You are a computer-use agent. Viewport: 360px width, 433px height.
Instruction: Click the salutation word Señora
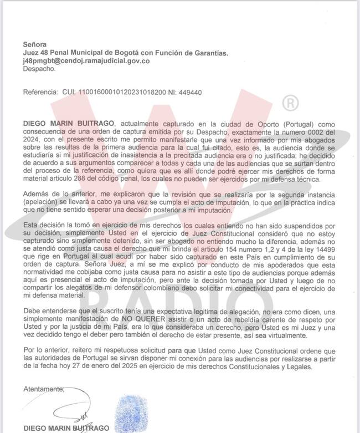[34, 44]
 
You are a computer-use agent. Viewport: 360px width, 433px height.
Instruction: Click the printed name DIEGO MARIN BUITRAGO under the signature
[66, 428]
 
